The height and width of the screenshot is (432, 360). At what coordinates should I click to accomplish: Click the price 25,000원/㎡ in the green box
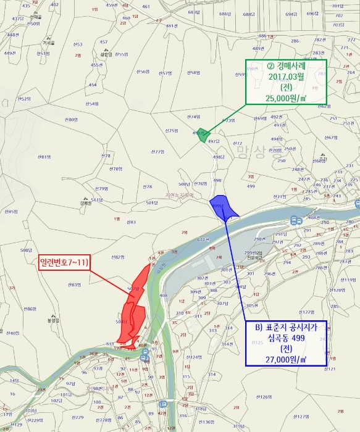tap(287, 98)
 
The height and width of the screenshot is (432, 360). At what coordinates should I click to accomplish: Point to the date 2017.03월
tap(287, 77)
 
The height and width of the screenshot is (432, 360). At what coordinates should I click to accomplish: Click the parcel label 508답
tap(25, 250)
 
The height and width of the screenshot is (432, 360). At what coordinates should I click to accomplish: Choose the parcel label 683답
tap(194, 12)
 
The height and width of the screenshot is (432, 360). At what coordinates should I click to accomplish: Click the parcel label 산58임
tap(193, 73)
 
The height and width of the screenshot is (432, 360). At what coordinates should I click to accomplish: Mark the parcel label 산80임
tap(71, 119)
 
